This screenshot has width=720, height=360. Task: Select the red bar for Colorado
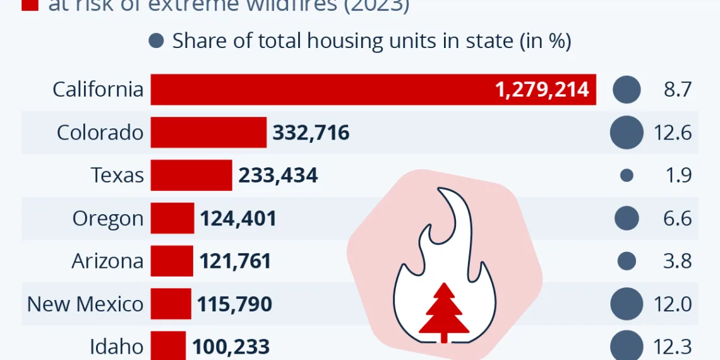[x=208, y=133]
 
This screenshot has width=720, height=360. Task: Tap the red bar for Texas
[x=191, y=175]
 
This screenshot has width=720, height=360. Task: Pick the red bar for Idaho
[x=168, y=346]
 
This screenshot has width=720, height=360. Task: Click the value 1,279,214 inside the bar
[x=542, y=90]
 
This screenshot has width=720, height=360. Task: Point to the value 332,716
[x=311, y=133]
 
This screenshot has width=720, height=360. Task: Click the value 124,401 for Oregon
[x=238, y=219]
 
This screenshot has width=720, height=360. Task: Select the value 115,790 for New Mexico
[x=234, y=304]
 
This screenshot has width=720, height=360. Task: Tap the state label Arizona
[x=107, y=261]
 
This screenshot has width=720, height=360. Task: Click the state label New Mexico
[x=85, y=304]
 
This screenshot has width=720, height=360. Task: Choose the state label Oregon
[x=108, y=219]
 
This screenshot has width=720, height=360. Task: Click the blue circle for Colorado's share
[x=627, y=133]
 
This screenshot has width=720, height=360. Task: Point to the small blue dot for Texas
[x=627, y=176]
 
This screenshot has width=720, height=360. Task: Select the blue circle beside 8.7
[x=627, y=90]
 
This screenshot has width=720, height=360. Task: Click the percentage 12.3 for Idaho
[x=677, y=347]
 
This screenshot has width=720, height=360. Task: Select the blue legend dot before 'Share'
[x=156, y=42]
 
